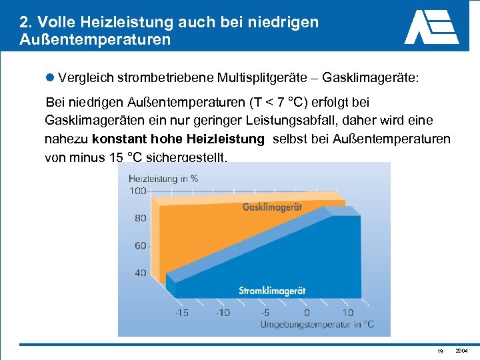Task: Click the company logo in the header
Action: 431,27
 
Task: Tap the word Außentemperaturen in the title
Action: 95,39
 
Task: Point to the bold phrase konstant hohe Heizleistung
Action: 178,139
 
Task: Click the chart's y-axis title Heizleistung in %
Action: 163,178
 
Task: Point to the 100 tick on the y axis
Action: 137,191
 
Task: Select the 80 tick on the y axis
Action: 140,218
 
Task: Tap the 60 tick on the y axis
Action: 140,246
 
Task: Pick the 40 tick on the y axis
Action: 140,273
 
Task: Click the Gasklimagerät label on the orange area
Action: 272,207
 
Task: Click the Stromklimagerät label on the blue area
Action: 272,291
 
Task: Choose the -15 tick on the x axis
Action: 181,312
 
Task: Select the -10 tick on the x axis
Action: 223,312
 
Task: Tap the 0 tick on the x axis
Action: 307,312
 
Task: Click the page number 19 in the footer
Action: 440,351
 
